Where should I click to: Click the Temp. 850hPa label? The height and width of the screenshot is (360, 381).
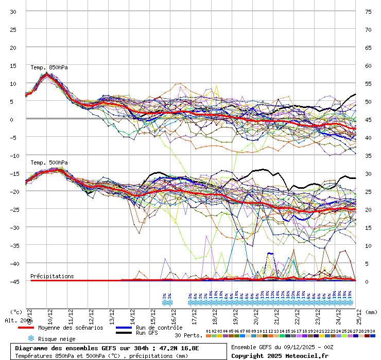[x=49, y=67]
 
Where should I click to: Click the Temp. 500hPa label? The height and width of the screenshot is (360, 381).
[x=49, y=163]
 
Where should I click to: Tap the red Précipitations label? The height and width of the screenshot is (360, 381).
[x=52, y=276]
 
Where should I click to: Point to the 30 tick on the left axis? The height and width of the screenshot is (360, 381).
[x=13, y=11]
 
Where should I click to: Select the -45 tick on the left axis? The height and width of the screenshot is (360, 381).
[x=13, y=281]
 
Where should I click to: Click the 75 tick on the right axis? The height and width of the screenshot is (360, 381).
[x=368, y=11]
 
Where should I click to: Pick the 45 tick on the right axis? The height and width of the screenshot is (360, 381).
[x=368, y=119]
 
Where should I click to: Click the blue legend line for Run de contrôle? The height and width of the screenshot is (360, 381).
[x=124, y=328]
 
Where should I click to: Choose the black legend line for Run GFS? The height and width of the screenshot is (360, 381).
[x=124, y=333]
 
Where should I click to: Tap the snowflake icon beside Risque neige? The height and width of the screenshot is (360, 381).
[x=31, y=338]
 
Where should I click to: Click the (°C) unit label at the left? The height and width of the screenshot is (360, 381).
[x=16, y=312]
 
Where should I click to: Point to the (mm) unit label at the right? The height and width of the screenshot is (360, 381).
[x=372, y=312]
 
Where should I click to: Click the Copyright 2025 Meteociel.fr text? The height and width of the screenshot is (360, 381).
[x=280, y=355]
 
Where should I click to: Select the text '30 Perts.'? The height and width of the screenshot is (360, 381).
[x=188, y=335]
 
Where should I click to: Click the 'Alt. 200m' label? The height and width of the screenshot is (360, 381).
[x=19, y=320]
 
